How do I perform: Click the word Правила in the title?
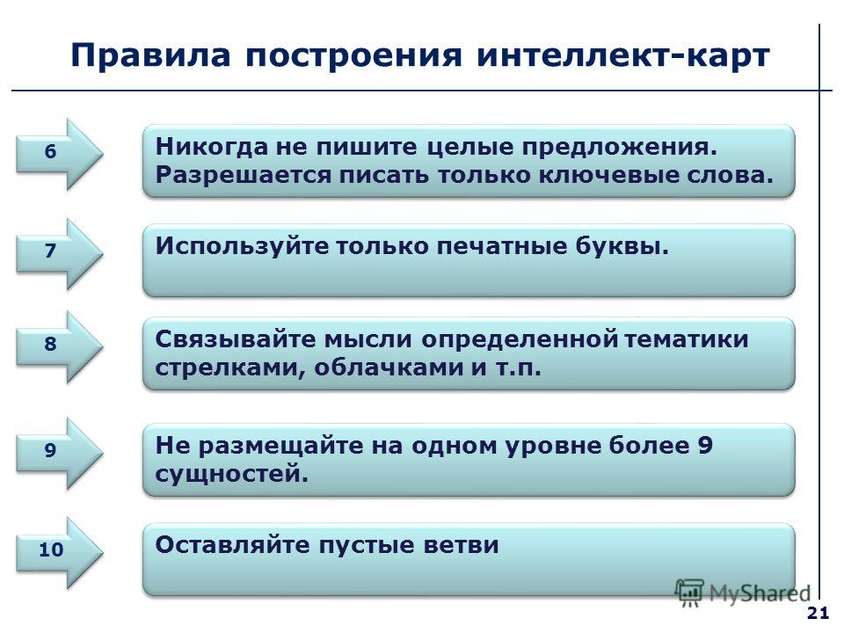coord(150,55)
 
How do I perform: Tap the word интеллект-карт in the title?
coord(623,55)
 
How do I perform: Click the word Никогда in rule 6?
coord(212,147)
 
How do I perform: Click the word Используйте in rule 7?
coord(242,247)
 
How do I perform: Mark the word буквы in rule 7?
coord(622,247)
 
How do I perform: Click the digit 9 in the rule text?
coord(704,446)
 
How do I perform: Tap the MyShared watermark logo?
coord(743,593)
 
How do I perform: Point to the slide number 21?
coord(818,614)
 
